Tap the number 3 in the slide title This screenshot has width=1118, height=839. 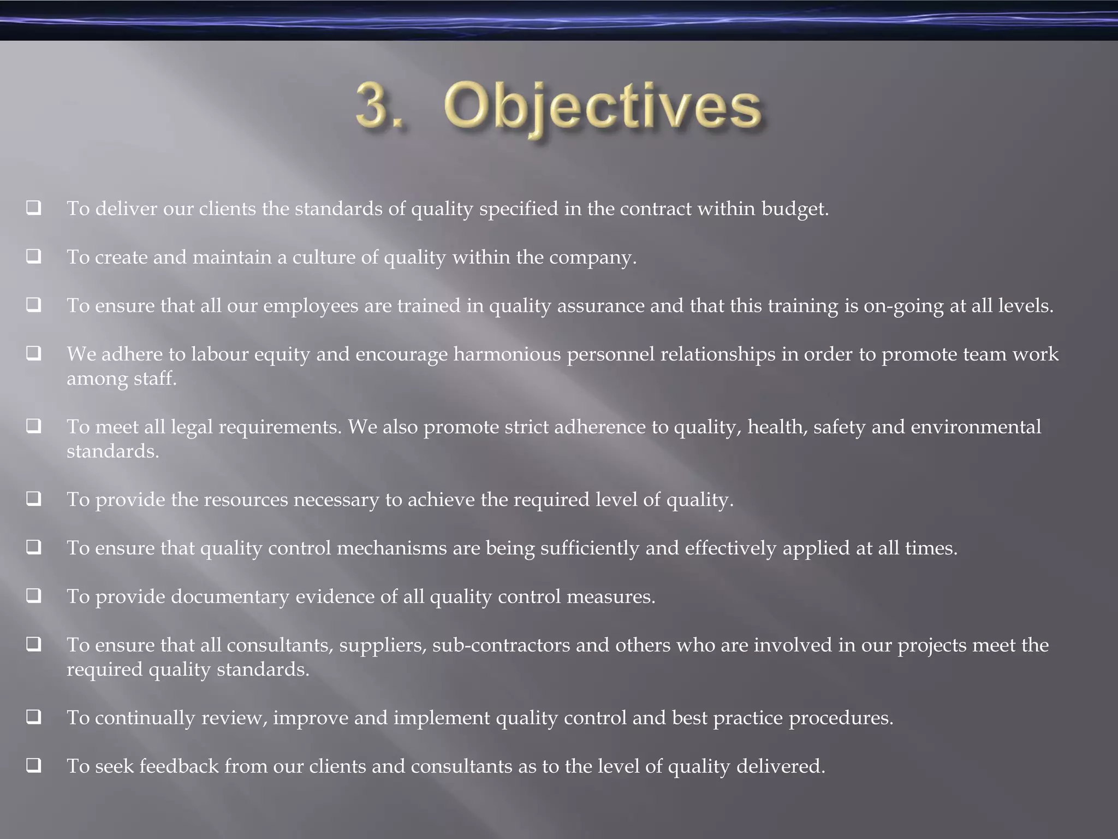(x=373, y=105)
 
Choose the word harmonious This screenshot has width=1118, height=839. (x=507, y=354)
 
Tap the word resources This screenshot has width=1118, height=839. (x=246, y=500)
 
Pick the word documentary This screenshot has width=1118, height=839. (x=230, y=596)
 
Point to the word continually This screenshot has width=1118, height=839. (x=145, y=718)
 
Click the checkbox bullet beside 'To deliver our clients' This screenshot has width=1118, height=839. (x=34, y=208)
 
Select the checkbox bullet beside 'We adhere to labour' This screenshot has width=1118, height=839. (x=34, y=353)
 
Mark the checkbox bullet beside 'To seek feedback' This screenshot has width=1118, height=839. (x=34, y=765)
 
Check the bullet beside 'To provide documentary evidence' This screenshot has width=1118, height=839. (x=34, y=595)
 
